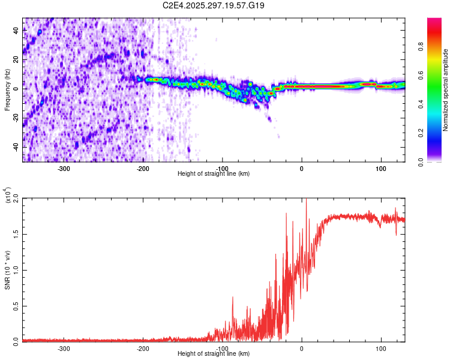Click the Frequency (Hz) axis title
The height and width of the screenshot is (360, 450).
(7, 90)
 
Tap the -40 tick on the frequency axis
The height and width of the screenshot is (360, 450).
(16, 147)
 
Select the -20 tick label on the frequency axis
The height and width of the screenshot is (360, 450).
(16, 118)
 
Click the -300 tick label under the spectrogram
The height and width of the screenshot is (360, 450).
(64, 167)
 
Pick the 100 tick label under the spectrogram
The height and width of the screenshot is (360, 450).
(380, 167)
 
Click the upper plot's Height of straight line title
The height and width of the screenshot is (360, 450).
(214, 173)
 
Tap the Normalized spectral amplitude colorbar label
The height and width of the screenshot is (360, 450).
(446, 90)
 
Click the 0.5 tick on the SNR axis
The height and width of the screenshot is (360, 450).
(16, 305)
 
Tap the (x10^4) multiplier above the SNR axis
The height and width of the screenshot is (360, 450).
(7, 196)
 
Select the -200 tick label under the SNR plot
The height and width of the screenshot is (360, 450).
(143, 347)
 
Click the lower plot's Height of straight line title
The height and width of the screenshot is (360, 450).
(214, 353)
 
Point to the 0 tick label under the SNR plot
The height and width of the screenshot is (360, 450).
(302, 347)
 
